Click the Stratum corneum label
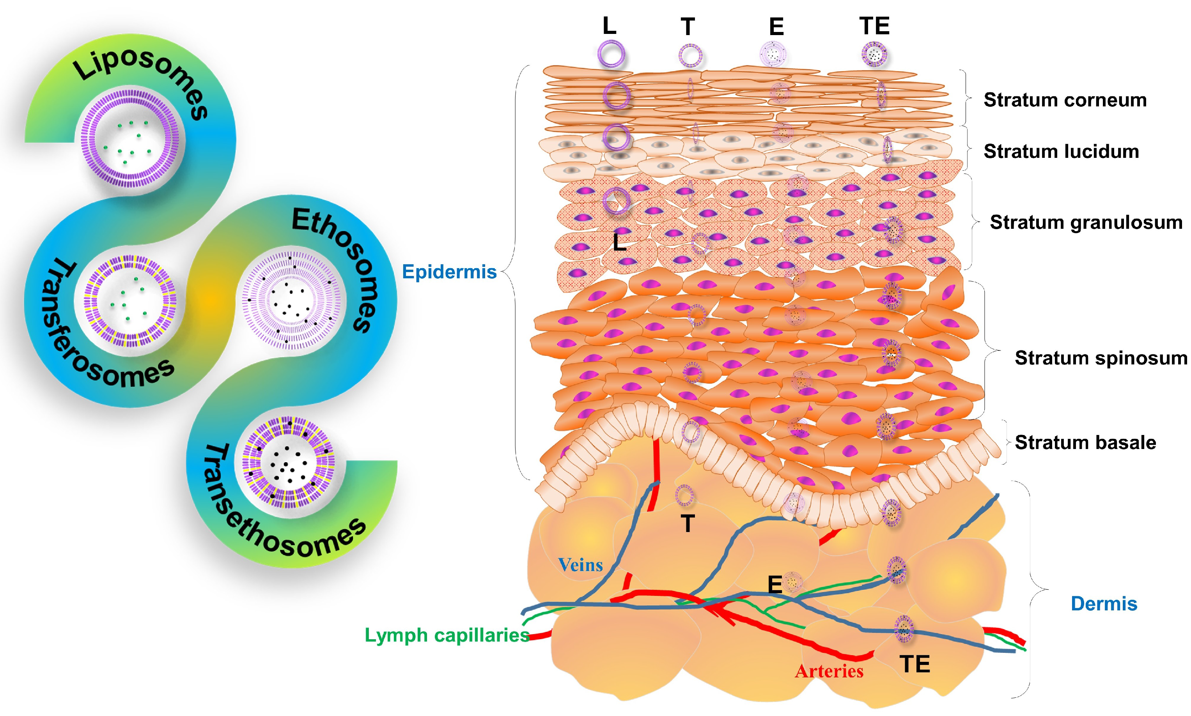coord(1065,100)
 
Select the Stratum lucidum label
coord(1061,152)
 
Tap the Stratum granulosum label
coord(1086,223)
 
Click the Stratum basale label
coord(1085,442)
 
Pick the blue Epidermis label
coord(449,272)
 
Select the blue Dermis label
coord(1104,604)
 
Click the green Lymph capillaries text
coord(447,635)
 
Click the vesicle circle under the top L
coord(611,54)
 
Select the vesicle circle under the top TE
coord(874,55)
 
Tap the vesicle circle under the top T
coord(690,55)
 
